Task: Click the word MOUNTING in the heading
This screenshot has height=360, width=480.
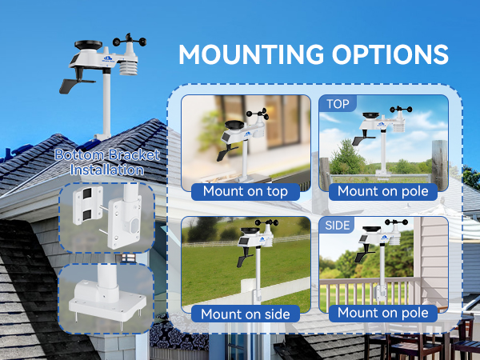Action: [251, 54]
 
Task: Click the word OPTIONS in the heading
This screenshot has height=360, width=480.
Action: [390, 54]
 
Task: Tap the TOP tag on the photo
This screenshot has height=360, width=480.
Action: [338, 104]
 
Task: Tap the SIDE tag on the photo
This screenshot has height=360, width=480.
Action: [337, 226]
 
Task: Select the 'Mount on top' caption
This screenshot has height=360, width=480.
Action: [246, 191]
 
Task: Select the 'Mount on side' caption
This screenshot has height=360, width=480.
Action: [246, 314]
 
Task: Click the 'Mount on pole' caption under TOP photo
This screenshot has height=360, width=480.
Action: [383, 191]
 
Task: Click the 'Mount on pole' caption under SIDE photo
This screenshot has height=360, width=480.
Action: [383, 313]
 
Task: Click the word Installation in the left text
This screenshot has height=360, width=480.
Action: [107, 170]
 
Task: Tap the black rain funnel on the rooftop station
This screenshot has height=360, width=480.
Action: [88, 45]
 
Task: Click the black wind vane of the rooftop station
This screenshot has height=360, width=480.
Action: [77, 82]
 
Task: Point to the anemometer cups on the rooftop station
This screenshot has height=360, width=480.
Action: [130, 41]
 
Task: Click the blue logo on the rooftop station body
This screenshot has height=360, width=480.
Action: [108, 58]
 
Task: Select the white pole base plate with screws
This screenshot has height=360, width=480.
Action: [107, 303]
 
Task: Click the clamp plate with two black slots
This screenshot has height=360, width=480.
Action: [88, 205]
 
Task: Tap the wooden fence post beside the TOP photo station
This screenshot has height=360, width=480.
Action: [439, 165]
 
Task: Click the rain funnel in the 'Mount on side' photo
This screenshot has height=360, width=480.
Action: [250, 231]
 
